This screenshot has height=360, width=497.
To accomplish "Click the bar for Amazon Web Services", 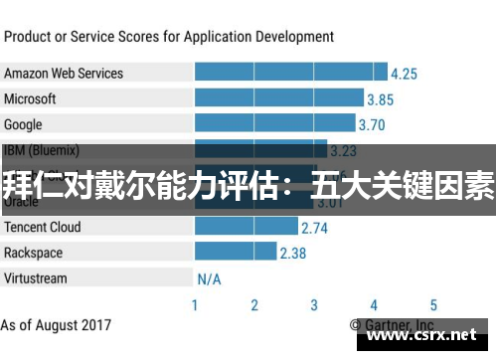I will [290, 73].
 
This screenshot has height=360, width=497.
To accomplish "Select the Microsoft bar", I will [278, 98].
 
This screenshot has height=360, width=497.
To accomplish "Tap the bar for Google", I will [274, 124].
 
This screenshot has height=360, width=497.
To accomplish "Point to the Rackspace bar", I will [235, 252].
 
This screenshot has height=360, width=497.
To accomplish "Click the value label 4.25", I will [404, 74].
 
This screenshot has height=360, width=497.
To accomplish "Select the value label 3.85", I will [380, 99].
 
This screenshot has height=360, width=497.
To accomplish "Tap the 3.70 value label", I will [371, 125].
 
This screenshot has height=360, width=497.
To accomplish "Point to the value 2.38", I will [292, 253].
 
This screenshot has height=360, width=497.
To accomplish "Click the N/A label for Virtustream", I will [209, 278].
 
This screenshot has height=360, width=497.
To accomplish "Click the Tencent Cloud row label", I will [43, 227].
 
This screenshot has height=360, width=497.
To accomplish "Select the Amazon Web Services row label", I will [64, 73].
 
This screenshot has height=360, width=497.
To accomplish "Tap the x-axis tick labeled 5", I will [433, 305].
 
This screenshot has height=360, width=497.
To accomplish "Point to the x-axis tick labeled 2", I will [254, 305].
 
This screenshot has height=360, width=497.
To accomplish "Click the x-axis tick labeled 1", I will [195, 305].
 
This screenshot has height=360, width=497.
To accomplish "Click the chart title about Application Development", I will [169, 37].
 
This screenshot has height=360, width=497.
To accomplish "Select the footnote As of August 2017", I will [57, 325].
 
